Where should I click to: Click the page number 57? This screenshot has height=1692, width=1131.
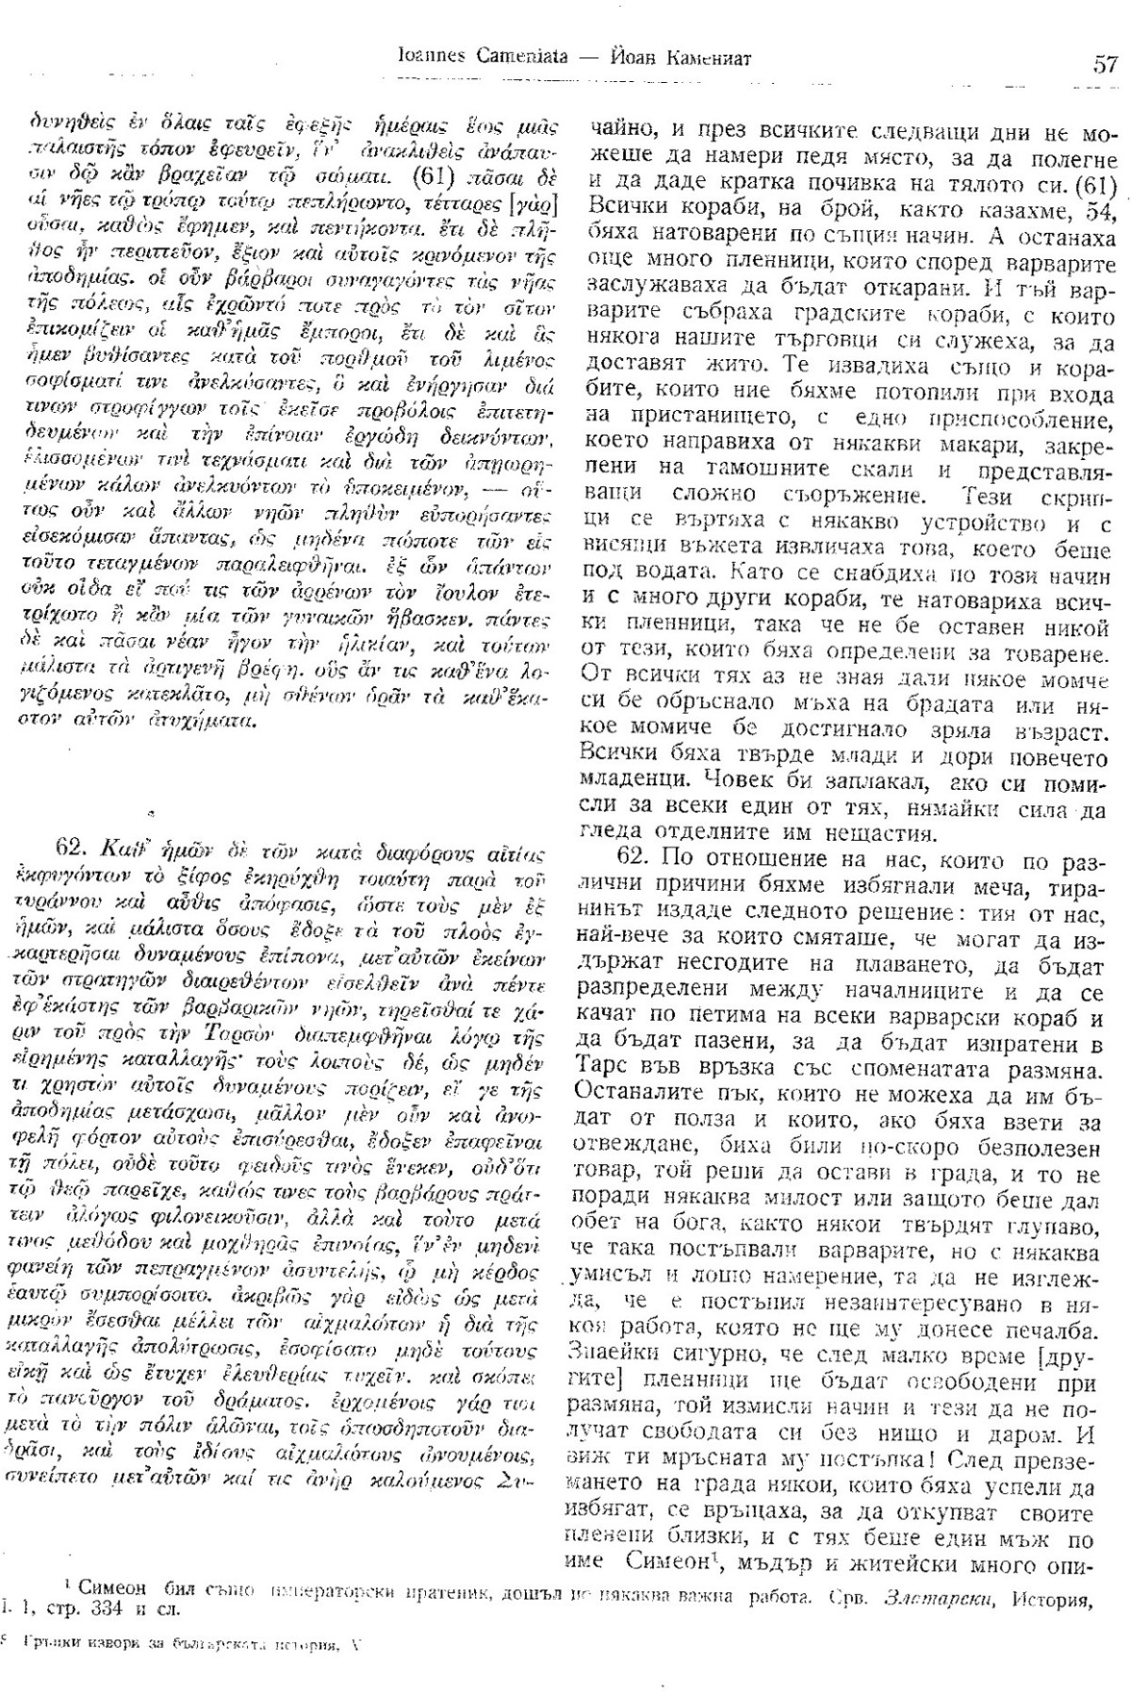[x=1105, y=64]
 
